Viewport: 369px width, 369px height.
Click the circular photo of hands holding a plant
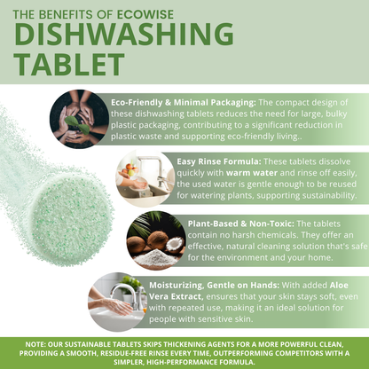(80, 118)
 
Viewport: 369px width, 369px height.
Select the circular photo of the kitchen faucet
(142, 177)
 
